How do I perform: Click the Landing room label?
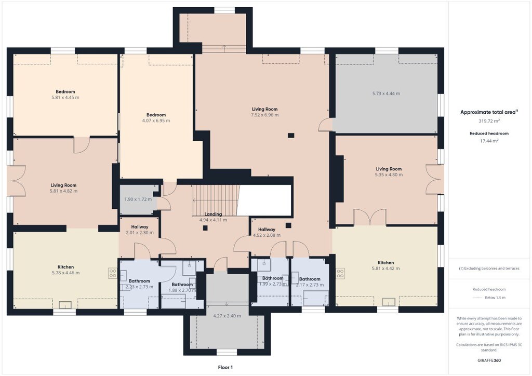point(213,214)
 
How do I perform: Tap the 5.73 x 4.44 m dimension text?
point(386,93)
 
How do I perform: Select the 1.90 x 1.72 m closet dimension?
point(138,199)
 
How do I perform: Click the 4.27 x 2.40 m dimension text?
point(227,316)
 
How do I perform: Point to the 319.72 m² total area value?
point(489,120)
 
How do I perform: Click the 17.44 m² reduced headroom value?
point(489,141)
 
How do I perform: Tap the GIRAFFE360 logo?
point(489,360)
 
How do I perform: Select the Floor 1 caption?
point(225,367)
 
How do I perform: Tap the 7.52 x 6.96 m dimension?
point(264,115)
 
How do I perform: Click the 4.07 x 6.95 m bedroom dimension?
point(156,120)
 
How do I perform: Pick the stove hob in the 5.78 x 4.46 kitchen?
point(113,273)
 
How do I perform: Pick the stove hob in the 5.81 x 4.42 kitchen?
point(340,273)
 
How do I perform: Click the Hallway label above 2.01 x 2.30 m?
point(139,227)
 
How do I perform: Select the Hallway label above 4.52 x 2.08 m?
point(267,230)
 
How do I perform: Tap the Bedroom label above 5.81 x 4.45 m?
point(65,91)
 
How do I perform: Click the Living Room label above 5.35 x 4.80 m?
point(389,169)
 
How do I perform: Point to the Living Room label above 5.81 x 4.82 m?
point(63,185)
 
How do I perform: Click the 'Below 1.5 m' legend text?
point(495,298)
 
